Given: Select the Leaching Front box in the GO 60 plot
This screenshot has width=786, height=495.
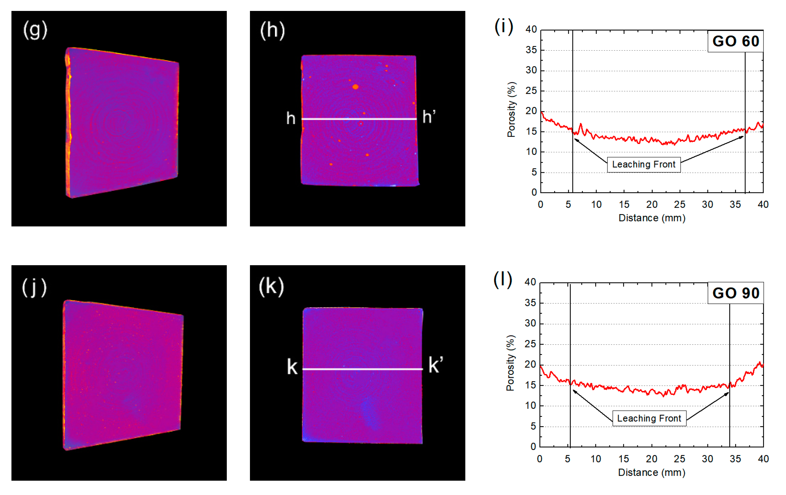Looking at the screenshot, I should click(x=643, y=164).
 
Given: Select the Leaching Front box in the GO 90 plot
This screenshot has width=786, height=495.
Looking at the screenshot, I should click(x=649, y=418).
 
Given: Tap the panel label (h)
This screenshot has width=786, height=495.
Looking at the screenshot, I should click(x=272, y=30).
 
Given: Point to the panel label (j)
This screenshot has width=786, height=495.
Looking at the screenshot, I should click(x=34, y=287).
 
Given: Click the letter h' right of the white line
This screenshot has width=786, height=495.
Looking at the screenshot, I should click(x=429, y=117).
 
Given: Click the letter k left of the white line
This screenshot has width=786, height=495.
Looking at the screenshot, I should click(x=292, y=367).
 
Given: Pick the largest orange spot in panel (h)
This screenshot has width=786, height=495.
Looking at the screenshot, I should click(x=356, y=87).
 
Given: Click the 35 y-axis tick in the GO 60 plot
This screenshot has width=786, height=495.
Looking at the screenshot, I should click(x=531, y=50).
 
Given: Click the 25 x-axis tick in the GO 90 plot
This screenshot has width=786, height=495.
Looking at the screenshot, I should click(x=679, y=459).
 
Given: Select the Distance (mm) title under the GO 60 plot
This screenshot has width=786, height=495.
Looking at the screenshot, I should click(x=652, y=218).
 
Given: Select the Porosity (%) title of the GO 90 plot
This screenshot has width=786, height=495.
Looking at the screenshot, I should click(x=510, y=363).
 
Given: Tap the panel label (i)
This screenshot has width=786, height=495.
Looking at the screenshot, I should click(x=504, y=27).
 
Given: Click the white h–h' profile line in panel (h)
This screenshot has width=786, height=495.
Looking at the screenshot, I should click(x=359, y=119).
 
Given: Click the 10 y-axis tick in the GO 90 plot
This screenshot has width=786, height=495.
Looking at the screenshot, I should click(x=530, y=405).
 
